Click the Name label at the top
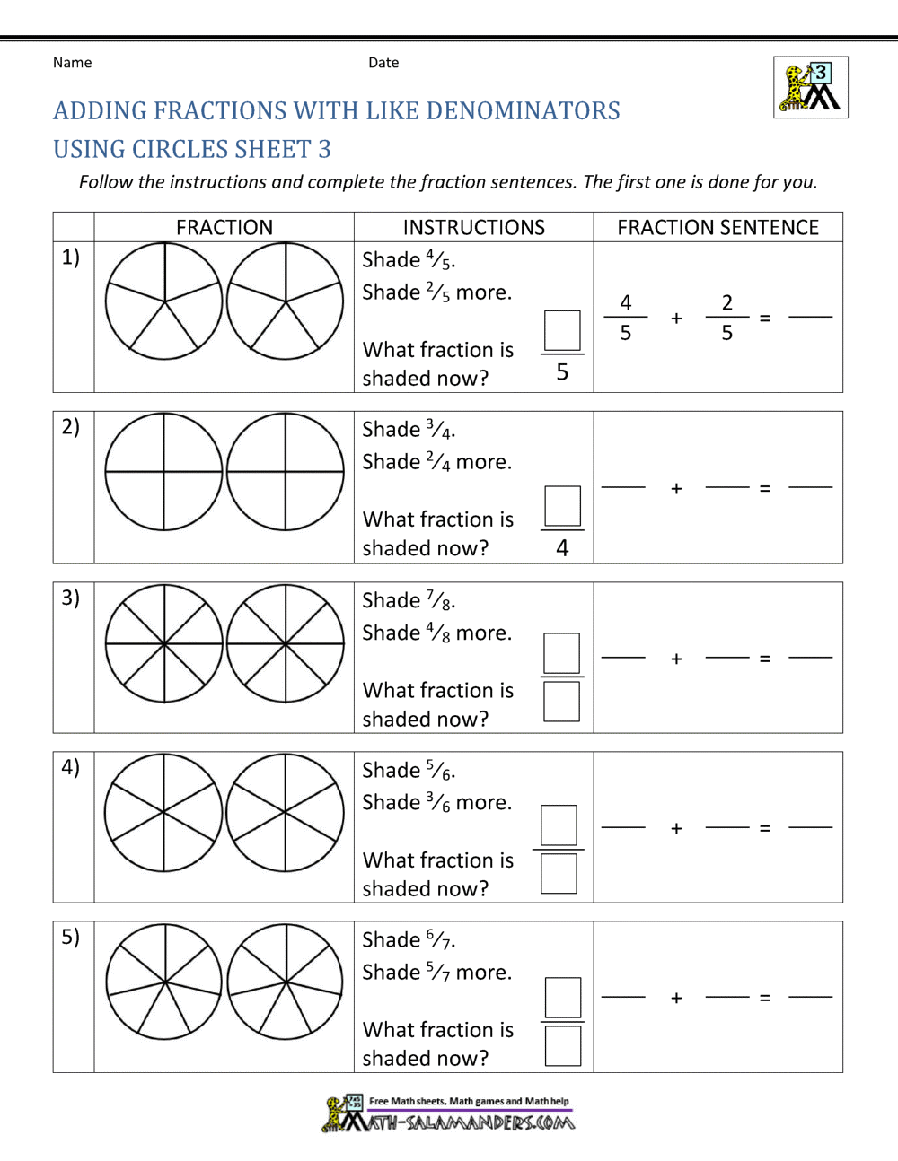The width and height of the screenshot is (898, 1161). point(72,63)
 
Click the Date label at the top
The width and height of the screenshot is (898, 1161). point(383,63)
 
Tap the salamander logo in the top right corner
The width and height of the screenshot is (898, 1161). point(811,88)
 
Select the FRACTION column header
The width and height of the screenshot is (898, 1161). point(224,228)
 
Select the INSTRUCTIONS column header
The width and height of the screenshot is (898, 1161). point(473,228)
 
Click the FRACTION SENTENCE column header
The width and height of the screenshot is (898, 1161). point(718,228)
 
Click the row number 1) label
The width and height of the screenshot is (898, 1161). point(71,258)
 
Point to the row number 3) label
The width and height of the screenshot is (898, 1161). point(71,598)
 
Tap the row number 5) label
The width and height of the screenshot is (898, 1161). point(71,937)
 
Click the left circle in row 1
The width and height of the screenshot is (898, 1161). point(163,301)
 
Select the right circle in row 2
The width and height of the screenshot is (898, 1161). point(286,471)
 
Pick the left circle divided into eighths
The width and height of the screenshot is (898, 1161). point(163,643)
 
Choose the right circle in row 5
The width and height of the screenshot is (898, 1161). point(286,982)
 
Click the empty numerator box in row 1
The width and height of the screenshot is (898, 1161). point(562,330)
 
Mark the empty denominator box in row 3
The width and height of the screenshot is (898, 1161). point(562,702)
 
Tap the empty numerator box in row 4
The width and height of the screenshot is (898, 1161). point(559,825)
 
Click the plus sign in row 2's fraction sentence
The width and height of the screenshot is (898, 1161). point(676,489)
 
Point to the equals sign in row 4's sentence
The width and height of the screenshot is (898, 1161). point(765,828)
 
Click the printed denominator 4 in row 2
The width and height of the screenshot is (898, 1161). point(562,547)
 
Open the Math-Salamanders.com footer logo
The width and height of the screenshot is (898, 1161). point(449,1113)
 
